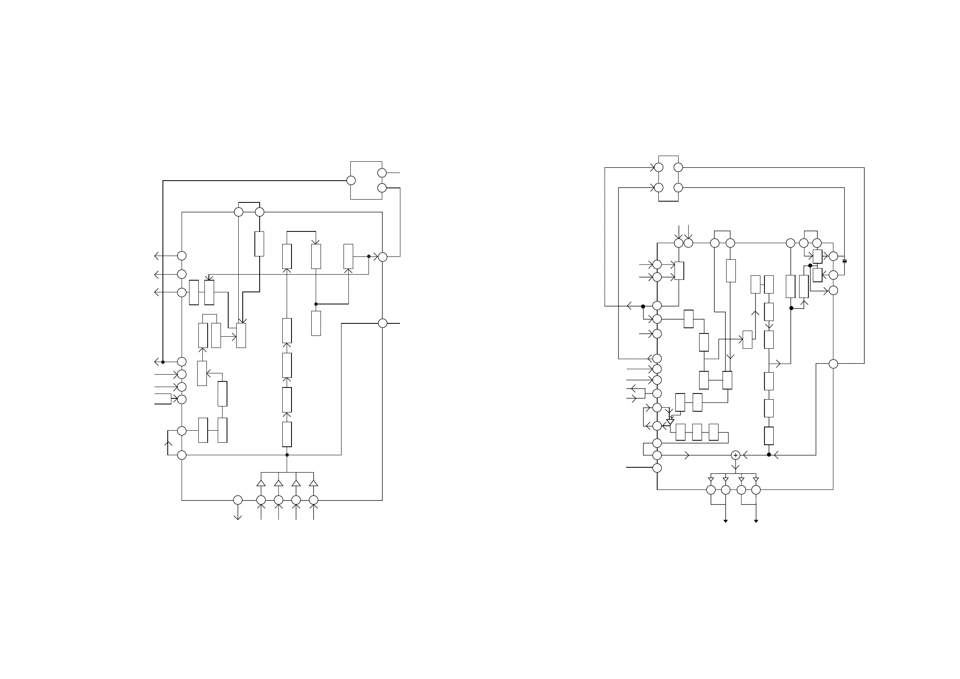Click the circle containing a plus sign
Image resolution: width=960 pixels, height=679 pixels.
(x=735, y=455)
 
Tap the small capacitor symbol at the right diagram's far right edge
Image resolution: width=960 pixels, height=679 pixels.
(x=844, y=261)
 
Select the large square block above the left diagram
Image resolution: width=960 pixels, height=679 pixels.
(x=366, y=180)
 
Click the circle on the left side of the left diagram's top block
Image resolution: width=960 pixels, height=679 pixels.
(x=351, y=180)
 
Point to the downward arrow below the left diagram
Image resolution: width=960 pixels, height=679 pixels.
(x=237, y=517)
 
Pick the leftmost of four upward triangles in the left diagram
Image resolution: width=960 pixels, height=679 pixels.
(x=261, y=483)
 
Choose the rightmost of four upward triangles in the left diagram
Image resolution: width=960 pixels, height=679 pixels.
(x=314, y=483)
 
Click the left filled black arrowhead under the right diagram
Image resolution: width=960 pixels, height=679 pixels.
(x=725, y=521)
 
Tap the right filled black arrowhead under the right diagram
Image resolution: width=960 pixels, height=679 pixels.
(x=756, y=521)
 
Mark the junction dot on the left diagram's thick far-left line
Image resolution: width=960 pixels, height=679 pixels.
(x=163, y=362)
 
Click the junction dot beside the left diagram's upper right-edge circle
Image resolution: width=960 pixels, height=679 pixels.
(x=369, y=256)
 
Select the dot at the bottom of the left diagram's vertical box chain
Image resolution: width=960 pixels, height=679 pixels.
(x=287, y=455)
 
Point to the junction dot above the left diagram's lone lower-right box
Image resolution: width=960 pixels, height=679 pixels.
(x=316, y=304)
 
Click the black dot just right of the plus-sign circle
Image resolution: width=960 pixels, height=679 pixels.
(x=769, y=454)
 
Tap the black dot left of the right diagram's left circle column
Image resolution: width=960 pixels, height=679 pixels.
(x=643, y=306)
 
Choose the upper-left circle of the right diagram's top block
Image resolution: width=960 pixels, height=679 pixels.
(x=658, y=167)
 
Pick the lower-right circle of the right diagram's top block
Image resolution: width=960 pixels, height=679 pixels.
(x=678, y=188)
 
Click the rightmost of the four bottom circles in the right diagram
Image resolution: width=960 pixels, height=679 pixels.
(x=756, y=489)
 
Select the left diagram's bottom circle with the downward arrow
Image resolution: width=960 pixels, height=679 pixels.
(x=237, y=500)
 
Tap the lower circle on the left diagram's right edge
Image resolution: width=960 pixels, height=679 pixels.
(x=383, y=323)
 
